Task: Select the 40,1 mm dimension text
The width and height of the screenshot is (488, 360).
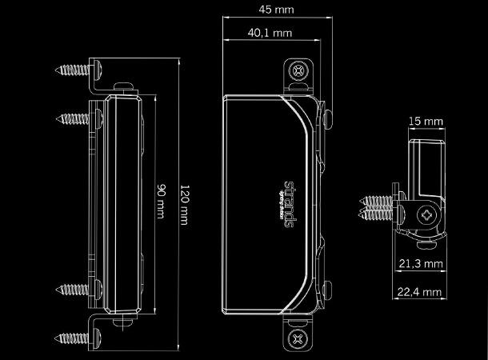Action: [270, 34]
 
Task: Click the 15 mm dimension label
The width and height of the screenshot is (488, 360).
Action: [426, 122]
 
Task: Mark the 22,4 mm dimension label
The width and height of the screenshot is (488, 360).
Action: [422, 294]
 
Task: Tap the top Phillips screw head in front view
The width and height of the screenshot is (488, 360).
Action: [298, 71]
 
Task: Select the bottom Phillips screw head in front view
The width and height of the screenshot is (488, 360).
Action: [298, 339]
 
